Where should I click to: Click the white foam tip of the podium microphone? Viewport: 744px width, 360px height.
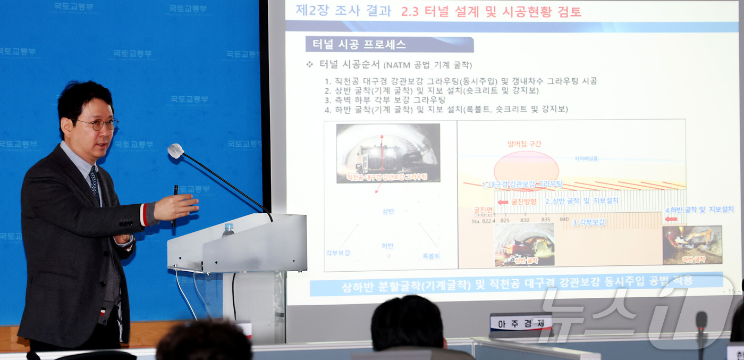tap(175, 150)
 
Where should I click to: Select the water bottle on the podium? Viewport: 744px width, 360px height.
tap(228, 230)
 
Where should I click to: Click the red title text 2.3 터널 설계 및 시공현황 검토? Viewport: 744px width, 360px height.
tap(491, 12)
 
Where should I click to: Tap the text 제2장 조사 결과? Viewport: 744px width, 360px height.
tap(343, 11)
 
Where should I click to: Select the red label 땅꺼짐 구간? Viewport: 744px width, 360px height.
tap(525, 144)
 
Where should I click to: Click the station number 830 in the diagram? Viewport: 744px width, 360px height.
tap(525, 220)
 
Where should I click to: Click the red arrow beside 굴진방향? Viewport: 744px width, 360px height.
tap(503, 202)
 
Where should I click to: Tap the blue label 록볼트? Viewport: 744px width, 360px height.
tap(431, 256)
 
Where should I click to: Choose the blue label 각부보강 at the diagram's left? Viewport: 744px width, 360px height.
tap(338, 253)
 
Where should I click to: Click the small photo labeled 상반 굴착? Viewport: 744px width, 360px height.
tap(524, 245)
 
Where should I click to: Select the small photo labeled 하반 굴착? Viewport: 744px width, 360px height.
tap(692, 245)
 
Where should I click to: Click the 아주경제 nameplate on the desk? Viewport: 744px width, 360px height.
tap(520, 322)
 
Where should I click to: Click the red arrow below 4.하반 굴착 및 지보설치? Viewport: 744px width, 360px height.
tap(671, 219)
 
